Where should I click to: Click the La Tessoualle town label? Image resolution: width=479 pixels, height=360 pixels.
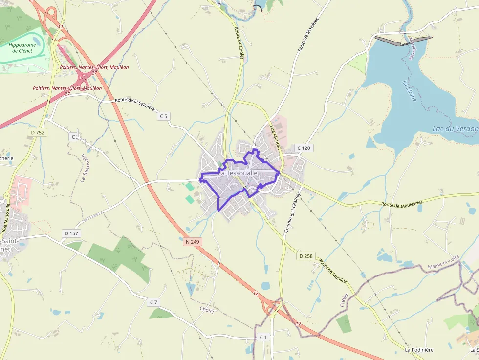click(238, 173)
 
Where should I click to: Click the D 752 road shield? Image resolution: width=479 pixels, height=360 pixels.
click(38, 132)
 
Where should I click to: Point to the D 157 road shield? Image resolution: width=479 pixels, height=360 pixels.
click(71, 233)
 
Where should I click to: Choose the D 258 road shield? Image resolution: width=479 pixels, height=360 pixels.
click(306, 256)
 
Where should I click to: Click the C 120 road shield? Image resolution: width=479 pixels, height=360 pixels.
click(304, 148)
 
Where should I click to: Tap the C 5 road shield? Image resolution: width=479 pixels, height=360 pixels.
click(164, 116)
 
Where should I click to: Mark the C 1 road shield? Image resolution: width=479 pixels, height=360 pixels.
click(263, 337)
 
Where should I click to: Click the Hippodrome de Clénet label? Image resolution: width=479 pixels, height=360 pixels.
click(22, 48)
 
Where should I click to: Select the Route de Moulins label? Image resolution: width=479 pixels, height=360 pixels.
click(333, 272)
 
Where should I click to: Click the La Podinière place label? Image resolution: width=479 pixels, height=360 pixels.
click(419, 350)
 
